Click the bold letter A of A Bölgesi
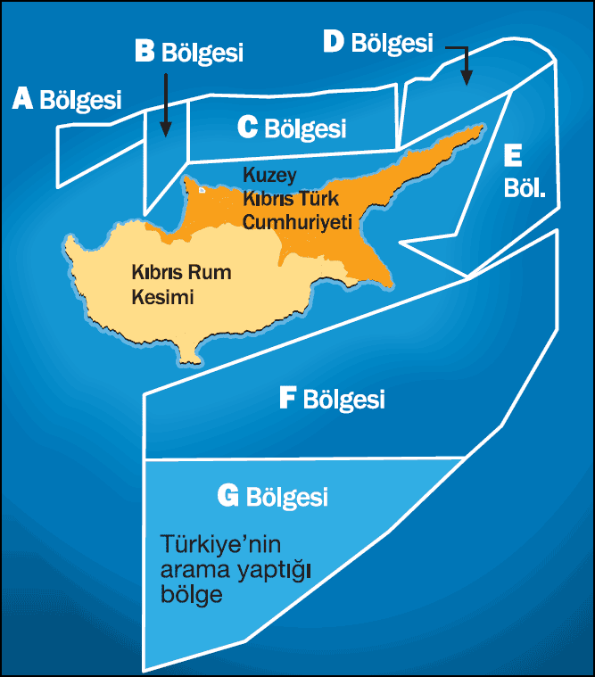[23, 98]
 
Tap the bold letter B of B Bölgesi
[145, 51]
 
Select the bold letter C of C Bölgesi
[248, 128]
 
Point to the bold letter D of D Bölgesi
[334, 41]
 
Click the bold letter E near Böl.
[512, 156]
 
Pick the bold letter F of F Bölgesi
[287, 398]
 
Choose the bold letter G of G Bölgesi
[228, 495]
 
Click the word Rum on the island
[211, 273]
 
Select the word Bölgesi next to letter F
[344, 400]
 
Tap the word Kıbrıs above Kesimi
[159, 273]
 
